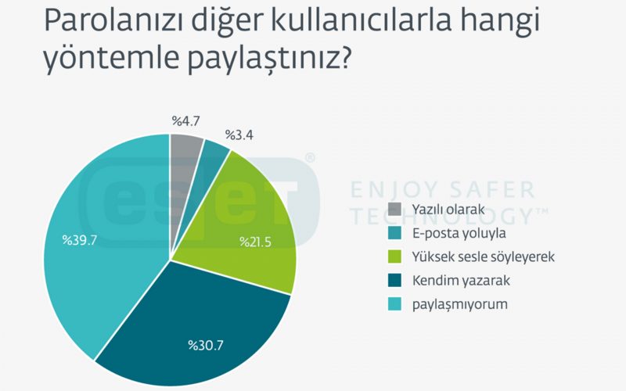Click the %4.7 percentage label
coord(185,121)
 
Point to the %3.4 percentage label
coord(239,135)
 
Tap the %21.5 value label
coord(255,242)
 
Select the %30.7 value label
coord(206,345)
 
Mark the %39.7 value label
coord(80,240)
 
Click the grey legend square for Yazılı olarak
coord(394,209)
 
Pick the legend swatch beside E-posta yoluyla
coord(394,233)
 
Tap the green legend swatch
coord(394,256)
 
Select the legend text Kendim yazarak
coord(461,281)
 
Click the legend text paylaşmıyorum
coord(460,304)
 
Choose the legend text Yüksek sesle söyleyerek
coord(484,256)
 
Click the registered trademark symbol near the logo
coord(310,158)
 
